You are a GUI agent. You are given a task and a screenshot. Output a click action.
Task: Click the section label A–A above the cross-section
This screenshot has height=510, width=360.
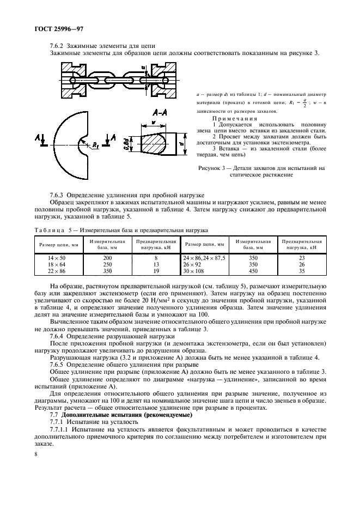click(154, 112)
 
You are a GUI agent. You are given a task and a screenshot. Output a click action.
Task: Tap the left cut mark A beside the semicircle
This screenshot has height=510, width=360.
click(37, 136)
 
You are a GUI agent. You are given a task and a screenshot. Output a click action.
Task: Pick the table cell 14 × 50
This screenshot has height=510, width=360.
click(57, 257)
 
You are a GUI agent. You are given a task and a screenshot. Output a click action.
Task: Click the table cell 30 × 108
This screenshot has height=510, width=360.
click(194, 270)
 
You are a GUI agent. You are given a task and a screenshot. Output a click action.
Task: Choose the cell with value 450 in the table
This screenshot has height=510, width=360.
click(253, 270)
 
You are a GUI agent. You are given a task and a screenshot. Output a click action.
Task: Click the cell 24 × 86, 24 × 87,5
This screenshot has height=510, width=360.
click(204, 257)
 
